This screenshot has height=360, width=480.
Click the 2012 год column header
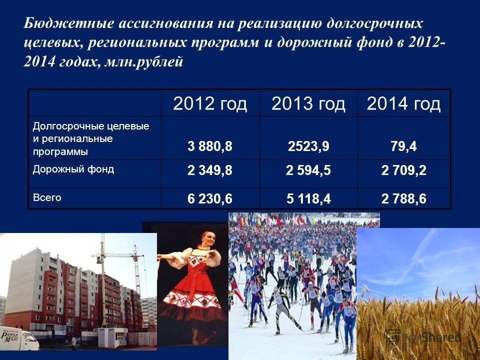[210, 104]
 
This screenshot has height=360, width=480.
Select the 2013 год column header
[308, 104]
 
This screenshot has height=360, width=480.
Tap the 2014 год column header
[403, 104]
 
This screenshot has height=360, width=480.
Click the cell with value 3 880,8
[210, 147]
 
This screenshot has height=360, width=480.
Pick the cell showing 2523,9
[308, 147]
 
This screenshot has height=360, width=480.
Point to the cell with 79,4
[403, 147]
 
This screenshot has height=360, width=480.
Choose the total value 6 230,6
[210, 199]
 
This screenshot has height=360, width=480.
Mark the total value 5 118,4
[308, 199]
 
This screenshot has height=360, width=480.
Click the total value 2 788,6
[403, 199]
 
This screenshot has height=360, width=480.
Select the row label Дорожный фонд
[73, 169]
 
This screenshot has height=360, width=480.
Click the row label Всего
[47, 197]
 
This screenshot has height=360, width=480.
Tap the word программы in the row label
[60, 150]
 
